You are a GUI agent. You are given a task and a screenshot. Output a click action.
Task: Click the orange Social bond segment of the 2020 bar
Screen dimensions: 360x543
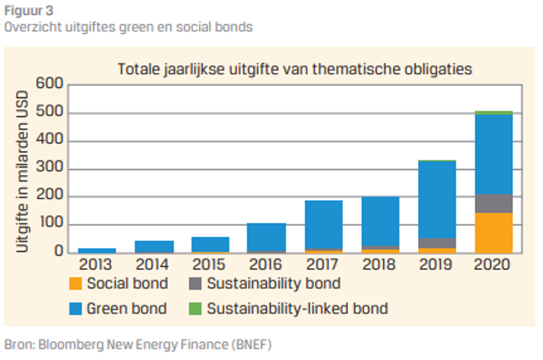point(493,233)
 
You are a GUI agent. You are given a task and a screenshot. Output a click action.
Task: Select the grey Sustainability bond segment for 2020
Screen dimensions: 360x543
point(493,204)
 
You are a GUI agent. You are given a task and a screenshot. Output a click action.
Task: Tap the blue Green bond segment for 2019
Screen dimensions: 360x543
point(437,199)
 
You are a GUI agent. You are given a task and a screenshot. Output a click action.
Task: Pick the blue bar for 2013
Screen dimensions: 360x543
point(97,251)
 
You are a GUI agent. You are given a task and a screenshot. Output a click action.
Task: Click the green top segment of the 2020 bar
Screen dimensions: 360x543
point(493,113)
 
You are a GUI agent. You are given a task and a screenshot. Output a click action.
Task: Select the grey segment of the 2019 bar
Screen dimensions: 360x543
point(437,243)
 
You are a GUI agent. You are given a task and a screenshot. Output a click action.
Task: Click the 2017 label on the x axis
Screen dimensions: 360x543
point(322,265)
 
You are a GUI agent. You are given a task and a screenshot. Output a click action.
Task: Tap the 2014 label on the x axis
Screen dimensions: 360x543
point(153,265)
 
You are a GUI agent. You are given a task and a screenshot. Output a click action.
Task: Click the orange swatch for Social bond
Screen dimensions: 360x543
point(75,284)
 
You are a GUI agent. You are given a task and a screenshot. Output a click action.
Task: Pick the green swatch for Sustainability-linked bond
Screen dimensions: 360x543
point(195,309)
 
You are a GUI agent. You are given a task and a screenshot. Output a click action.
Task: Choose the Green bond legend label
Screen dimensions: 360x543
point(126,309)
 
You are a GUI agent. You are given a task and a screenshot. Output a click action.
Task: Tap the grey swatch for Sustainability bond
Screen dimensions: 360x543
point(195,284)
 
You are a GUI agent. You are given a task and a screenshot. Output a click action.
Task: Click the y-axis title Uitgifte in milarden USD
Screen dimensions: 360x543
point(22,172)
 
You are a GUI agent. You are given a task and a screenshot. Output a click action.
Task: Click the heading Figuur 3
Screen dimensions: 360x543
point(29,10)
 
